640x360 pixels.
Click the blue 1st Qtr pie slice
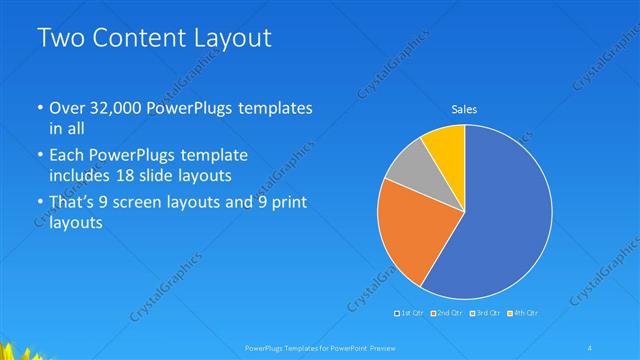tap(500, 215)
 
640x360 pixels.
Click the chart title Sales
tap(464, 108)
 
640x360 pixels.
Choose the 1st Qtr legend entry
tap(411, 313)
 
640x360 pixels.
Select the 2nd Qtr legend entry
tap(447, 313)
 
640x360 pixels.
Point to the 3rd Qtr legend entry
tap(484, 313)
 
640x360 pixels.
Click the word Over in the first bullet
tap(66, 108)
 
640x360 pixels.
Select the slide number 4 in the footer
tap(592, 347)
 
